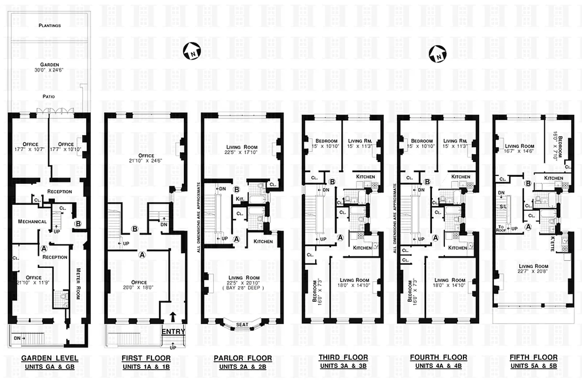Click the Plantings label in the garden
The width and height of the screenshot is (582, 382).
[49, 26]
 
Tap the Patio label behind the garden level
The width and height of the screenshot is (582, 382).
[48, 96]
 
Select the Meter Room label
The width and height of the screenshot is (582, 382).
[78, 283]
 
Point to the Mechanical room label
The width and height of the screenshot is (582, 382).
[32, 222]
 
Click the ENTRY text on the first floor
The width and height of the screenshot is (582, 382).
[173, 331]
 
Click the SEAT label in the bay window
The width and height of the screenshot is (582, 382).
[242, 325]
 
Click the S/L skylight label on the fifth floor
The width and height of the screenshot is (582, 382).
[503, 206]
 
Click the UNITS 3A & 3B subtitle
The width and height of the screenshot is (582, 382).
[343, 366]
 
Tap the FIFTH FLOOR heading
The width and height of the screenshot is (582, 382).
[533, 357]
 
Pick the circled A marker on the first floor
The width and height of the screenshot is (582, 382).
[141, 255]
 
